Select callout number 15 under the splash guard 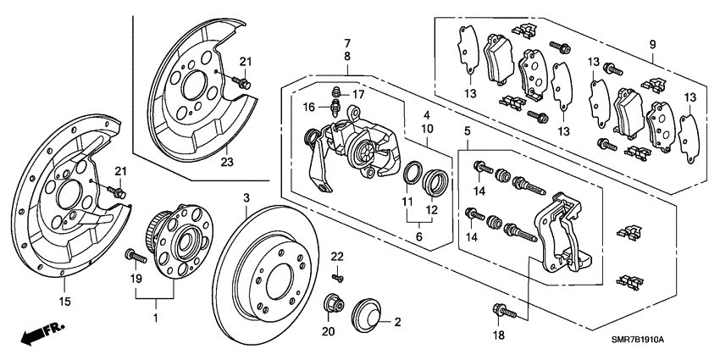pyautogui.click(x=64, y=302)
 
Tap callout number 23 pyautogui.click(x=227, y=162)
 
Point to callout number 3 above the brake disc pyautogui.click(x=246, y=197)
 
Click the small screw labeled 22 pyautogui.click(x=338, y=275)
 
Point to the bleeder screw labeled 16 pyautogui.click(x=336, y=108)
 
